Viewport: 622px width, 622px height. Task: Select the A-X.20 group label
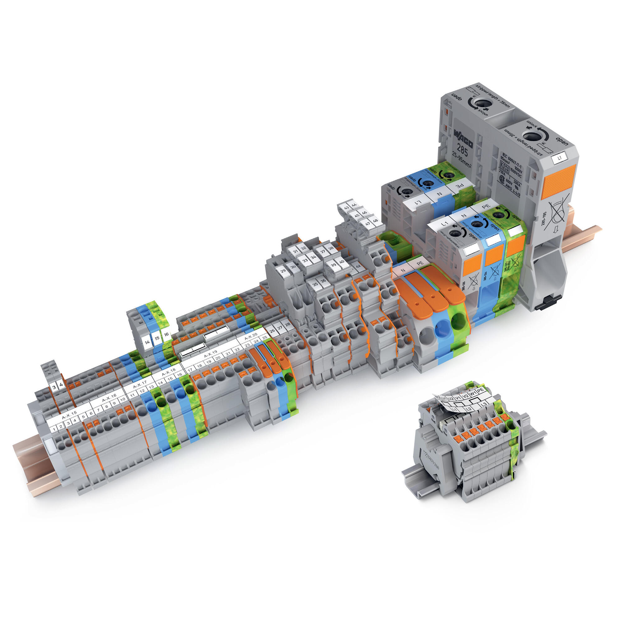point(250,337)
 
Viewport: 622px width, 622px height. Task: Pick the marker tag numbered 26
point(272,331)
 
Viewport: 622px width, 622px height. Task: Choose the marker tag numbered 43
point(347,208)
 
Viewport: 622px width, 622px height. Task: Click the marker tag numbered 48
point(375,221)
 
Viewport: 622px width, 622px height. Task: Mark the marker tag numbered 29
point(283,271)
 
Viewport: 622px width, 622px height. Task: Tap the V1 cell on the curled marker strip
point(457,397)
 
